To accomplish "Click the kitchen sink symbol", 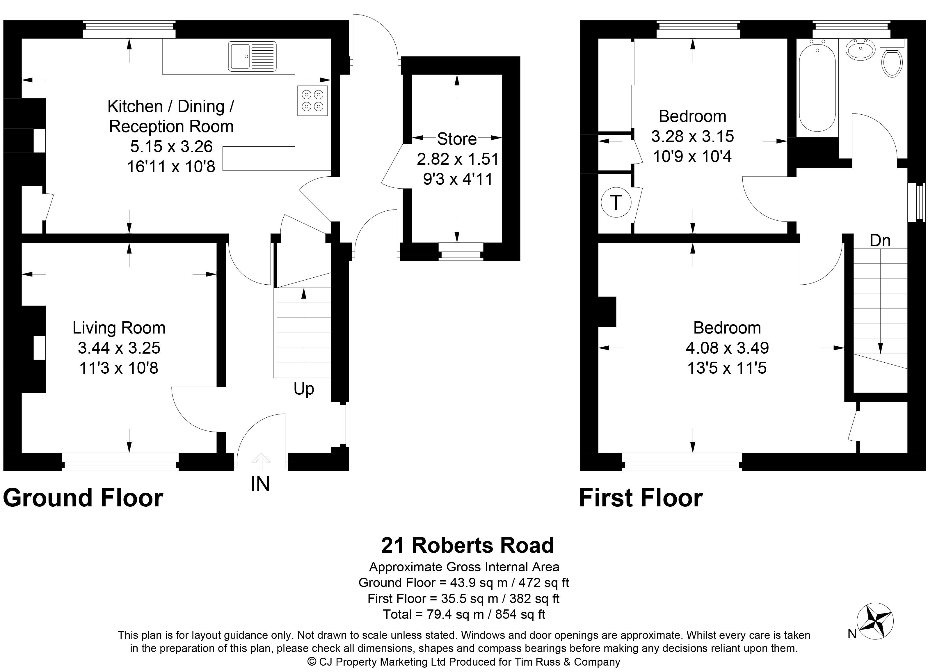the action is (252, 56).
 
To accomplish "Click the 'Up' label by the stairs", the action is (304, 389).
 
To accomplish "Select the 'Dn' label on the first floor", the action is (880, 240).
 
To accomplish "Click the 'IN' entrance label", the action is (260, 484).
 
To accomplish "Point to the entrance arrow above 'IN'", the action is (261, 462).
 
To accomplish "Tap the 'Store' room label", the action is (457, 139).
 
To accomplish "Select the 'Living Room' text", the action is (119, 328).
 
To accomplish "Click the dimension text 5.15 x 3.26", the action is (171, 146).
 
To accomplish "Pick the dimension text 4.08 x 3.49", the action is (727, 348).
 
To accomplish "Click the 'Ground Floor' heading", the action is (83, 498).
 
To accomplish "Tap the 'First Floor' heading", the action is (641, 498).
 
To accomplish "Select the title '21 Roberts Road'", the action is (467, 545).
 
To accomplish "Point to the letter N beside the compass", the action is (852, 634).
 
